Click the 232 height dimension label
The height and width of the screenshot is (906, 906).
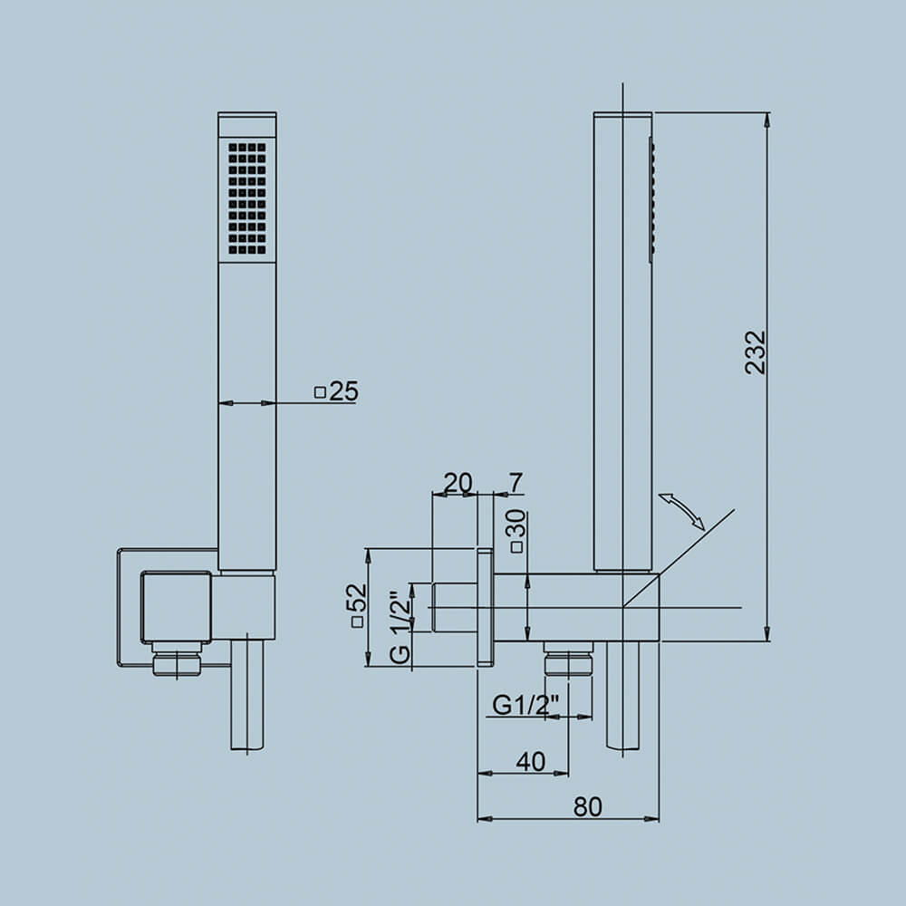[x=756, y=352]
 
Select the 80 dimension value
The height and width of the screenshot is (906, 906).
[x=587, y=806]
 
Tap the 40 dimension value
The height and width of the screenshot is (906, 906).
[x=531, y=762]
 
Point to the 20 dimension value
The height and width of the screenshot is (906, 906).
[x=458, y=483]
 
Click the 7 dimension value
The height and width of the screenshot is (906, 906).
[x=516, y=483]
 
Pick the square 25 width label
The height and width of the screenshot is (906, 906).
[x=336, y=391]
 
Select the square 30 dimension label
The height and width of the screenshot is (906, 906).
[x=516, y=531]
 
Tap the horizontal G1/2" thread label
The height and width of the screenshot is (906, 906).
[x=525, y=704]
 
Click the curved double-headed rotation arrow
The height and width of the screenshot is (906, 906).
[x=681, y=512]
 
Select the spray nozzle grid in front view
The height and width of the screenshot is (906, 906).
[x=247, y=198]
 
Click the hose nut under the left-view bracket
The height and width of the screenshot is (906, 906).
[x=177, y=660]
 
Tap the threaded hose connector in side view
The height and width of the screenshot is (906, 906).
[x=568, y=660]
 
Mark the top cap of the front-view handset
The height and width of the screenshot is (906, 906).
[x=247, y=124]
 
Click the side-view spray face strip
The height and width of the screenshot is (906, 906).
[x=651, y=199]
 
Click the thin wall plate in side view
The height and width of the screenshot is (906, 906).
[x=485, y=607]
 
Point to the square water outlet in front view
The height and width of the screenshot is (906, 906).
[x=176, y=606]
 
